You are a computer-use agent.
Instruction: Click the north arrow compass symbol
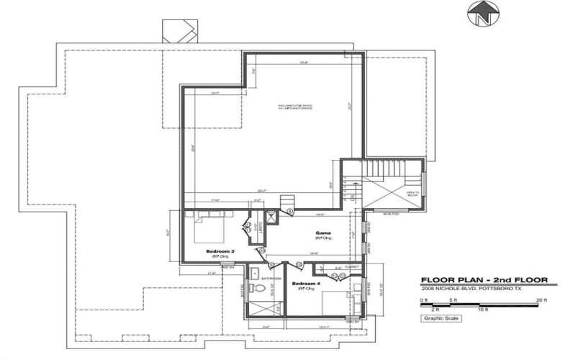pyautogui.click(x=481, y=14)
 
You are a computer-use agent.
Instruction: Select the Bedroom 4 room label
pyautogui.click(x=303, y=284)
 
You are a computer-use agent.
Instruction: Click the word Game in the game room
pyautogui.click(x=322, y=233)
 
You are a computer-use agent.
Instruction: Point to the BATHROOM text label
pyautogui.click(x=270, y=278)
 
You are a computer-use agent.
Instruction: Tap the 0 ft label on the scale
pyautogui.click(x=425, y=300)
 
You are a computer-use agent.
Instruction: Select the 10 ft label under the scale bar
pyautogui.click(x=482, y=310)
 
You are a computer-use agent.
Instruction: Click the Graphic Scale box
pyautogui.click(x=441, y=318)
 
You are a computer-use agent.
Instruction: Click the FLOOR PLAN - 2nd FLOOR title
pyautogui.click(x=485, y=280)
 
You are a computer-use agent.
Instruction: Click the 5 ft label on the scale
pyautogui.click(x=454, y=300)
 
